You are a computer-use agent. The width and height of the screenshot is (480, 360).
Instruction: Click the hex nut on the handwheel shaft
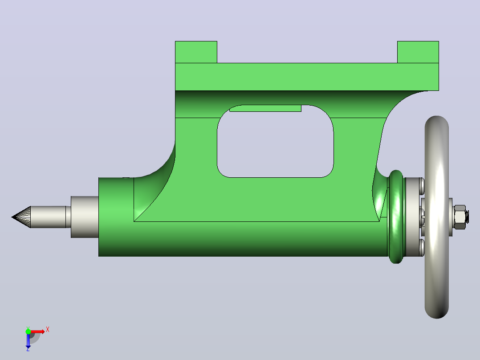460,217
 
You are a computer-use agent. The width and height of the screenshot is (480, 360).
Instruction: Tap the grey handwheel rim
436,217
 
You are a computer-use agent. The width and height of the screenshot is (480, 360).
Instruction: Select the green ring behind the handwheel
396,217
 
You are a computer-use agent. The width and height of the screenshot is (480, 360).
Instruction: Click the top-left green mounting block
196,52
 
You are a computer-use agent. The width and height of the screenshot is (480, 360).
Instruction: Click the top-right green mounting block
418,52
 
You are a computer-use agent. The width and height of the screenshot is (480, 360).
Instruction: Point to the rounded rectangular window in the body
275,141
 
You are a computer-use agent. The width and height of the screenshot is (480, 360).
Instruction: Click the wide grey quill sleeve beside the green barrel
85,217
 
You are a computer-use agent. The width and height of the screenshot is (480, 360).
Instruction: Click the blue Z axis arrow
28,340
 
